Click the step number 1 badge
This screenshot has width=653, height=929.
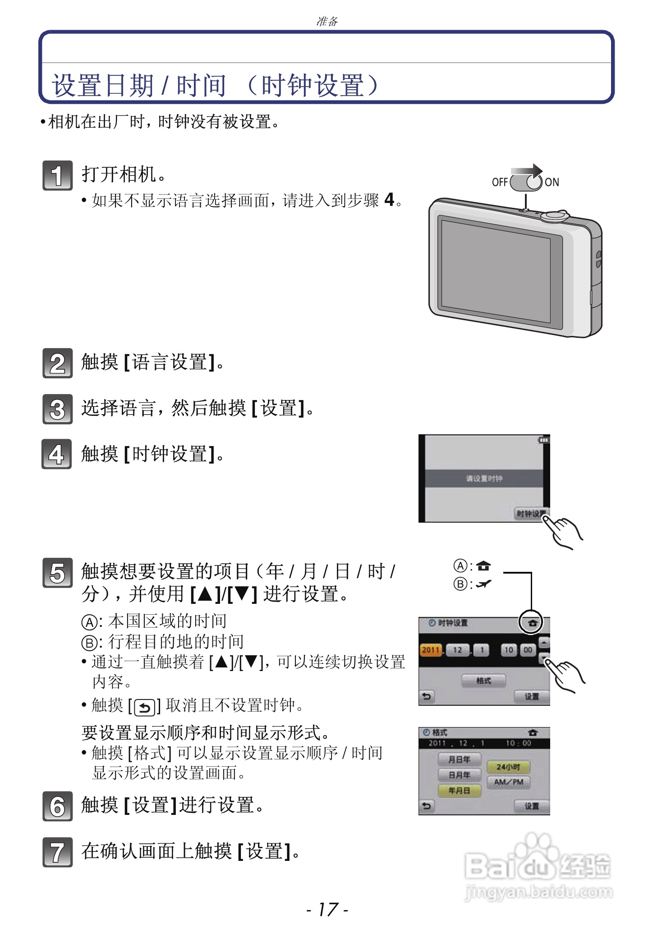coord(57,175)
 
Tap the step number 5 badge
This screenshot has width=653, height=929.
coord(57,573)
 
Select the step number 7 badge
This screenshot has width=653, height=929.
coord(57,852)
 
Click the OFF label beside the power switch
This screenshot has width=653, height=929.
coord(500,182)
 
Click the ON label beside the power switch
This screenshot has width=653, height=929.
coord(552,182)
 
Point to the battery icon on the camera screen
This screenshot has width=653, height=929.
coord(544,440)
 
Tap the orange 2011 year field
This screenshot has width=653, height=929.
coord(431,650)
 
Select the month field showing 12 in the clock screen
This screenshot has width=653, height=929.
coord(458,650)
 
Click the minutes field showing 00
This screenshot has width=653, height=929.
coord(528,650)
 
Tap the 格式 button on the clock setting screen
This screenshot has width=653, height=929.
coord(483,681)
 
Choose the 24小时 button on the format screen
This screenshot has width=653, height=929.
coord(508,767)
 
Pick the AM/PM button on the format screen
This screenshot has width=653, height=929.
coord(508,782)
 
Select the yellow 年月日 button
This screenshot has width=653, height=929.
coord(459,790)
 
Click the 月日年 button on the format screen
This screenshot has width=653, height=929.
coord(459,759)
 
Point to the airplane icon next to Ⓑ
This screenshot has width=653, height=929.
coord(484,584)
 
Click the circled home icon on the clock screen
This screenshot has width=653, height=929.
coord(532,623)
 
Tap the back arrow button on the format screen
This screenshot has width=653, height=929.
coord(427,806)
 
